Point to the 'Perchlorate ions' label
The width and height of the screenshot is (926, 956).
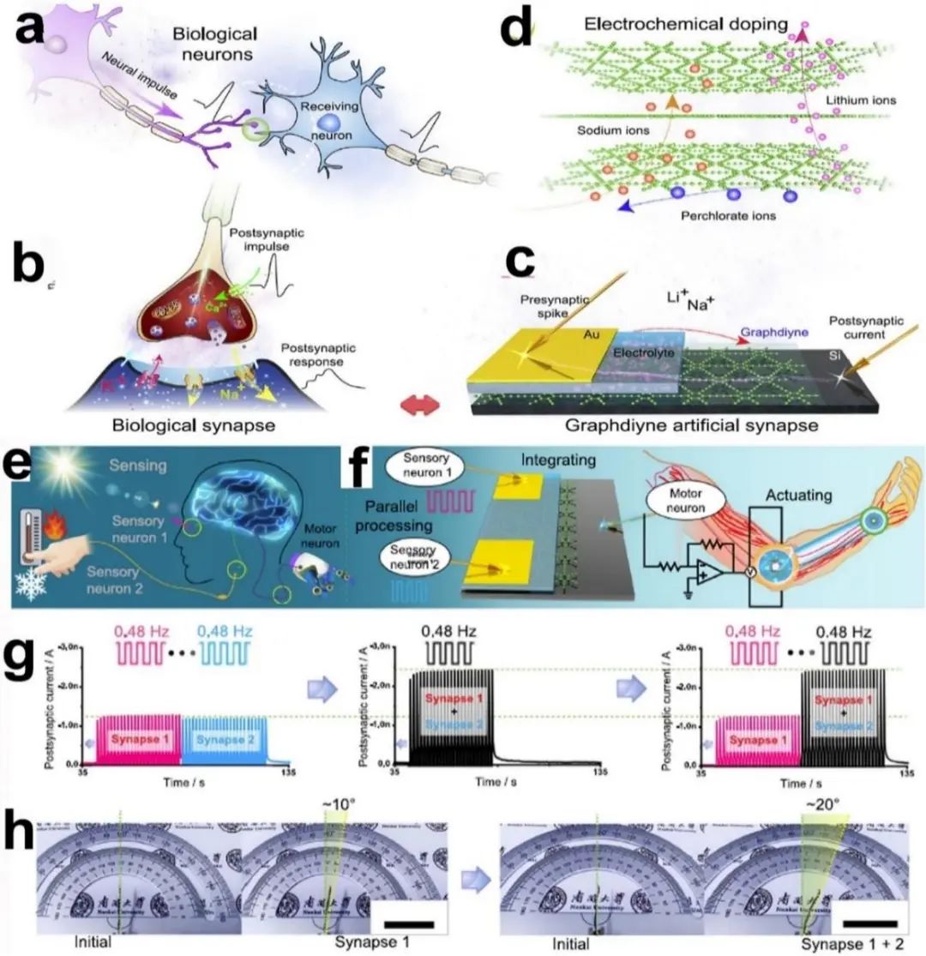click(729, 216)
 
